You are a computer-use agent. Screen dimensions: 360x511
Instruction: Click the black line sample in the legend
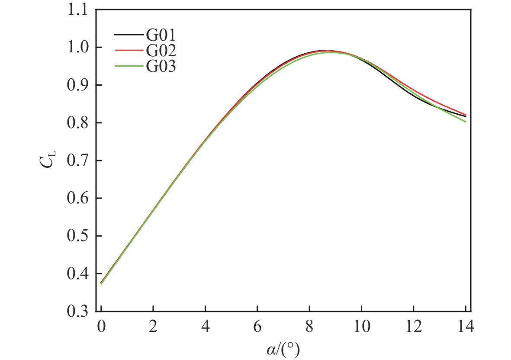point(129,34)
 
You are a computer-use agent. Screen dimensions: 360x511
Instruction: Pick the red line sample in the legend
point(129,50)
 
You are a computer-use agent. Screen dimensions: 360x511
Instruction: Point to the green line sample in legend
point(129,66)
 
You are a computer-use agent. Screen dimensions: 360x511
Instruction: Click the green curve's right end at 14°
point(466,122)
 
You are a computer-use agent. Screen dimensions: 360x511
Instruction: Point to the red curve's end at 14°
point(466,114)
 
